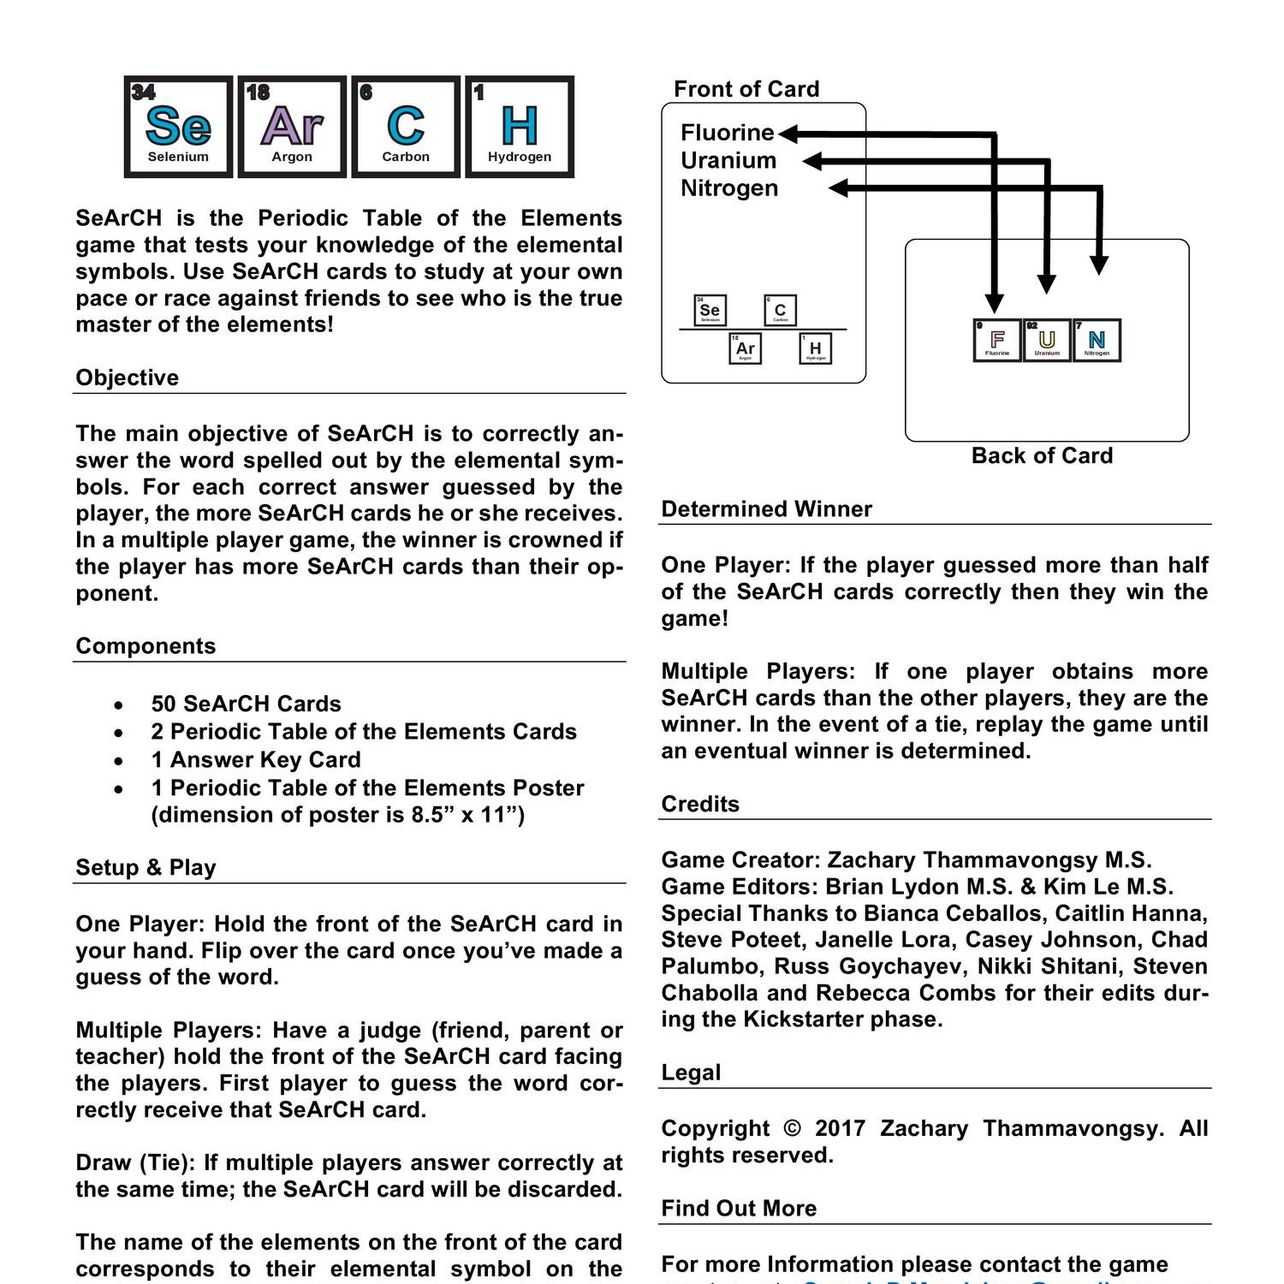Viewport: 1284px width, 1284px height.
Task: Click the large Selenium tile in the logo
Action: pyautogui.click(x=178, y=127)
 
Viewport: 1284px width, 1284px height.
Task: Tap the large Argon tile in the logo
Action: pyautogui.click(x=292, y=127)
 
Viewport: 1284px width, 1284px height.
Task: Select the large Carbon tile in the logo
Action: pyautogui.click(x=406, y=127)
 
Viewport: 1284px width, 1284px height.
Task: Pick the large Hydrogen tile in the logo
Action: pyautogui.click(x=520, y=127)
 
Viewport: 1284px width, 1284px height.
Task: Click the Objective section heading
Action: pyautogui.click(x=128, y=377)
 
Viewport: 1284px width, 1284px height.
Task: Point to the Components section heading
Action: pyautogui.click(x=146, y=646)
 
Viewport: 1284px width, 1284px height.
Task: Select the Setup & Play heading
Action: pyautogui.click(x=146, y=867)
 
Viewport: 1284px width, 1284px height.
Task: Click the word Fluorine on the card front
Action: pyautogui.click(x=727, y=133)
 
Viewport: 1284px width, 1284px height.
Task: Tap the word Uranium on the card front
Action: pyautogui.click(x=728, y=160)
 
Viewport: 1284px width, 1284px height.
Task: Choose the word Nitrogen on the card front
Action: pyautogui.click(x=729, y=188)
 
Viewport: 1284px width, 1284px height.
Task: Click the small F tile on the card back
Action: pyautogui.click(x=997, y=341)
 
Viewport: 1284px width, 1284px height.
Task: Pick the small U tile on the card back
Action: pyautogui.click(x=1047, y=341)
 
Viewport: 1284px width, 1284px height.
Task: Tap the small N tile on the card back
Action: pyautogui.click(x=1097, y=341)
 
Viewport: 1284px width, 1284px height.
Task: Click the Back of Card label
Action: pyautogui.click(x=1042, y=455)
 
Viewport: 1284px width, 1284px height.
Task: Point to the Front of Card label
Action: pyautogui.click(x=746, y=89)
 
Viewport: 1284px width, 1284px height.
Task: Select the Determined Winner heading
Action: pyautogui.click(x=766, y=509)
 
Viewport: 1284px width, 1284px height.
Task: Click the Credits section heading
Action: pyautogui.click(x=700, y=804)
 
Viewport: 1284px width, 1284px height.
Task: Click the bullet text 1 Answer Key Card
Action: pyautogui.click(x=256, y=760)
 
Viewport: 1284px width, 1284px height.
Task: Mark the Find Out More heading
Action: pyautogui.click(x=739, y=1208)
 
